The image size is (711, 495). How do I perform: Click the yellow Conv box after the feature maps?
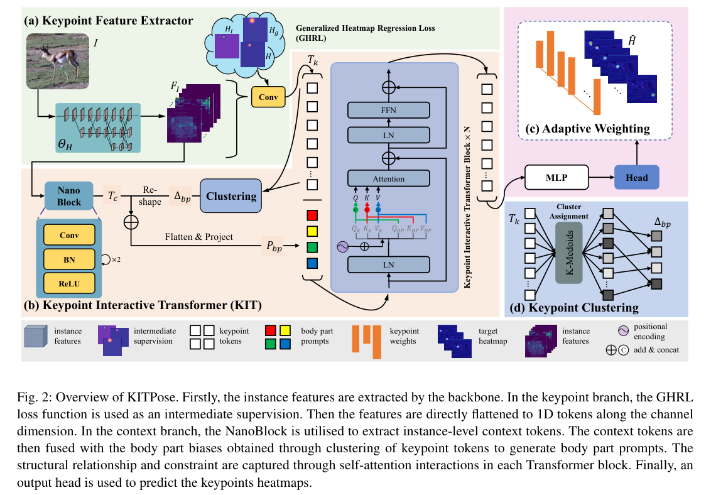click(268, 97)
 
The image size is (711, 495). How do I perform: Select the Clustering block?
click(231, 196)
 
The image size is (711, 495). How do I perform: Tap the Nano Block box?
click(69, 195)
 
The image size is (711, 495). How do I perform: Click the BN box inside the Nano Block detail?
click(69, 258)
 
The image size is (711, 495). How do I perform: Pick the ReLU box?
click(69, 283)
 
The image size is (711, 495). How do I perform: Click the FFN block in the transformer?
click(389, 111)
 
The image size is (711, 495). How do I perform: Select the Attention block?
click(389, 179)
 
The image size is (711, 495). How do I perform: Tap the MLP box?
click(556, 178)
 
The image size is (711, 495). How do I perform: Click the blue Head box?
click(636, 178)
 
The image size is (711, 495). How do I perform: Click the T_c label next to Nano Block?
click(113, 196)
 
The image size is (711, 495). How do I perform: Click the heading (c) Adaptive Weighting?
click(596, 129)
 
